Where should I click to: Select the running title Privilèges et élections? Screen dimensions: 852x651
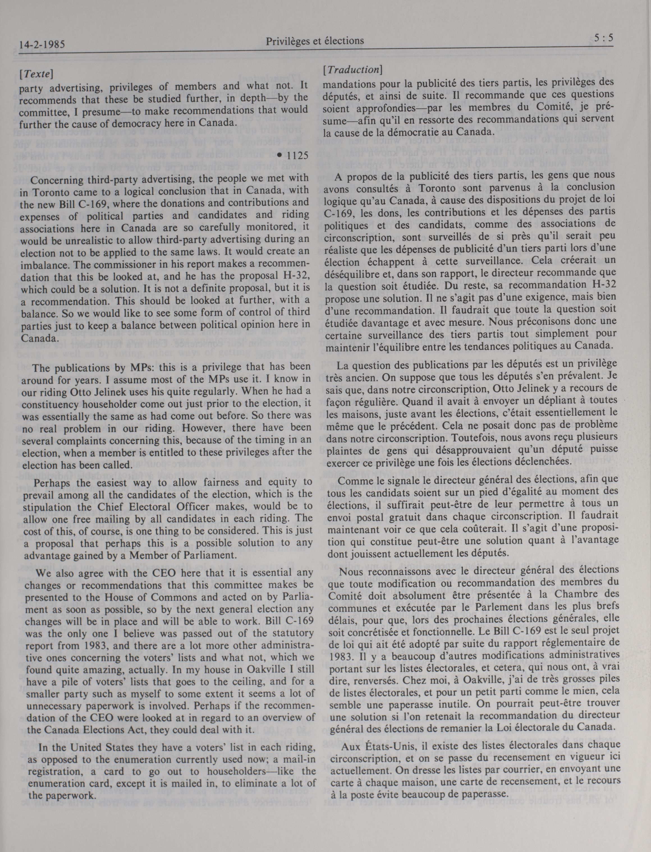click(315, 41)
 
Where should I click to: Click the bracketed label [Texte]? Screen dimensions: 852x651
click(36, 73)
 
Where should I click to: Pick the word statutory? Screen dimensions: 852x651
click(290, 634)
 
